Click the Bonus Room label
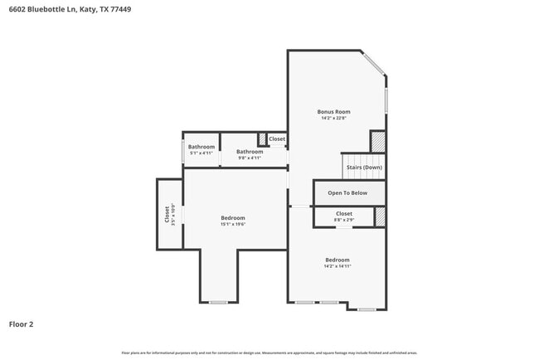pyautogui.click(x=333, y=111)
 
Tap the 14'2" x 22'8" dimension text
pyautogui.click(x=333, y=118)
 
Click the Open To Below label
pyautogui.click(x=347, y=192)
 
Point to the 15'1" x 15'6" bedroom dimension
pyautogui.click(x=233, y=224)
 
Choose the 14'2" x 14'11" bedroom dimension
pyautogui.click(x=337, y=266)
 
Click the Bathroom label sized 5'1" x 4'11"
pyautogui.click(x=202, y=147)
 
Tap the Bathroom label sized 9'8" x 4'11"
pyautogui.click(x=250, y=152)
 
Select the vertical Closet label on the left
pyautogui.click(x=168, y=215)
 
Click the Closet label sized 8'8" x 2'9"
pyautogui.click(x=343, y=214)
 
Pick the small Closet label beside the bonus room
pyautogui.click(x=277, y=139)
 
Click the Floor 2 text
pyautogui.click(x=21, y=324)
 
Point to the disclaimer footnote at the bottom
pyautogui.click(x=269, y=353)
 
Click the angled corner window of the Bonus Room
pyautogui.click(x=373, y=64)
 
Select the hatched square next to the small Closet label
pyautogui.click(x=262, y=139)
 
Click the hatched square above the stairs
pyautogui.click(x=378, y=141)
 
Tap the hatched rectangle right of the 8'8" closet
pyautogui.click(x=381, y=216)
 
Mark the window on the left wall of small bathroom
pyautogui.click(x=183, y=151)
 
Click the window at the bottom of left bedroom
pyautogui.click(x=218, y=302)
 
